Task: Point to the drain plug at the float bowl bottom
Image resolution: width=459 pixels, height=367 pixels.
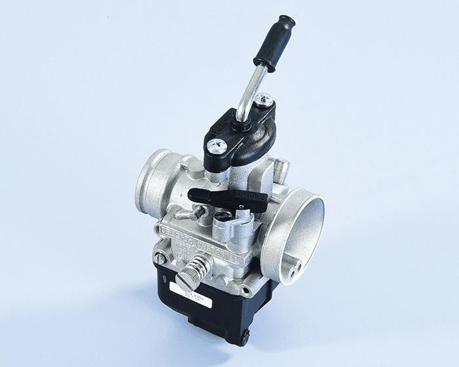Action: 244,339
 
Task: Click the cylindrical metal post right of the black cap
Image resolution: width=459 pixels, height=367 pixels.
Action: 281,170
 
